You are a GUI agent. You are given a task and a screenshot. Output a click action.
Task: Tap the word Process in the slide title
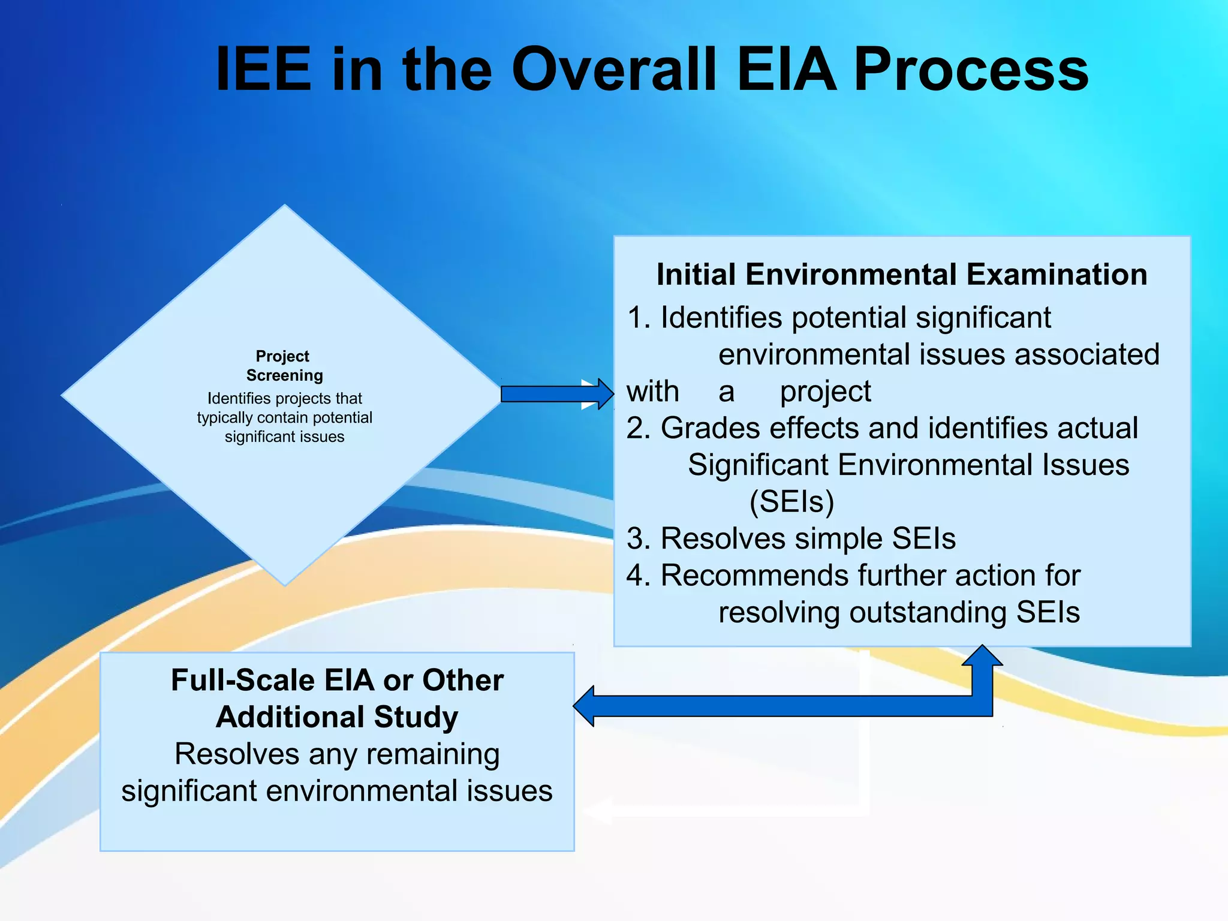[x=971, y=70]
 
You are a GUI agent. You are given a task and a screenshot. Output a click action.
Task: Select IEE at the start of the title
[x=264, y=70]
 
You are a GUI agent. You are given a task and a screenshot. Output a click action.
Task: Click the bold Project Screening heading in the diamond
[x=284, y=366]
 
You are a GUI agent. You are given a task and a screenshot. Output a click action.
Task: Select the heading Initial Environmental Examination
[x=901, y=275]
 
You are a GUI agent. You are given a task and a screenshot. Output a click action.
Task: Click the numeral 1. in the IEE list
[x=639, y=318]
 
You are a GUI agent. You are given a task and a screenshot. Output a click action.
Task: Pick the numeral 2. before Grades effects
[x=639, y=428]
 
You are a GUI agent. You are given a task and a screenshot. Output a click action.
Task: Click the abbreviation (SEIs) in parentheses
[x=791, y=502]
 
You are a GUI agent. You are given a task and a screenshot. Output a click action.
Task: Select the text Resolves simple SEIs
[x=808, y=538]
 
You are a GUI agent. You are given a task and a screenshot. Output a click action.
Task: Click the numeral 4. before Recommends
[x=639, y=576]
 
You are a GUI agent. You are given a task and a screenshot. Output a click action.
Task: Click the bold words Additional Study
[x=337, y=717]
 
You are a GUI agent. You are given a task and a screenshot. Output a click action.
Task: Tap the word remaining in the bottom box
[x=433, y=754]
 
